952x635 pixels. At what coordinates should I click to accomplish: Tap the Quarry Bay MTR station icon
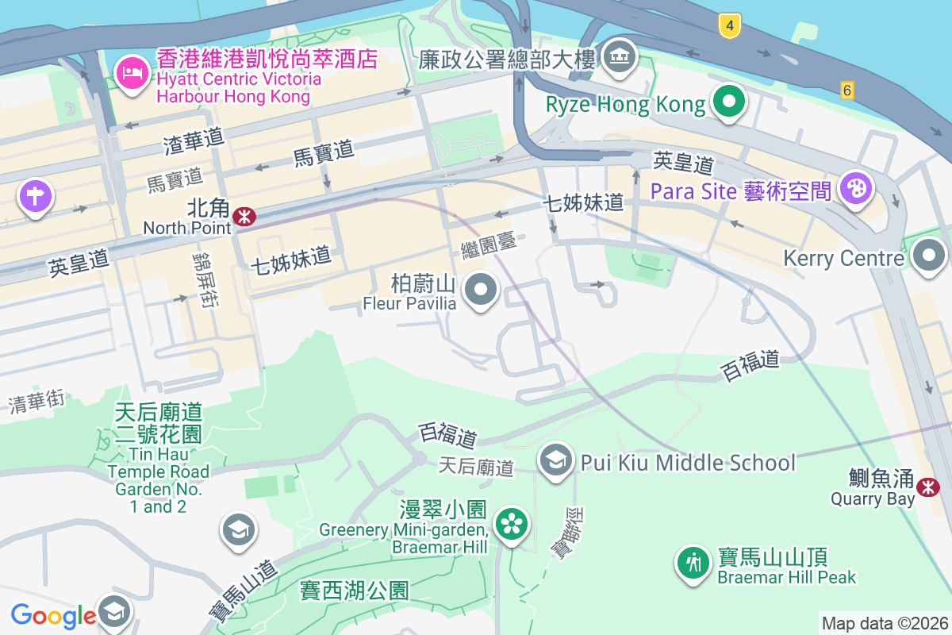point(927,487)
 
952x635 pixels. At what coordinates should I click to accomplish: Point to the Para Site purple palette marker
point(855,189)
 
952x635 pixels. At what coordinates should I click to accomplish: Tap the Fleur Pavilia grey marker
point(480,290)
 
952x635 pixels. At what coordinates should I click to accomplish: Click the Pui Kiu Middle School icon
point(555,460)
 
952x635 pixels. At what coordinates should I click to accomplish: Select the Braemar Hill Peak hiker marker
point(693,563)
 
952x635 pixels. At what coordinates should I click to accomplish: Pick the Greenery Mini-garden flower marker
point(512,523)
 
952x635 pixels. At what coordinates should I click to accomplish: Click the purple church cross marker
point(35,195)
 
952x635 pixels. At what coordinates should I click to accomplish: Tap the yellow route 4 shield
point(730,26)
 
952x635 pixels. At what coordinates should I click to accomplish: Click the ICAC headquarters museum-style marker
point(620,55)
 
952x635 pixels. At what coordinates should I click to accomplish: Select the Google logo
point(53,615)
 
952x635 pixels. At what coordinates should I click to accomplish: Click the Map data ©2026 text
point(884,623)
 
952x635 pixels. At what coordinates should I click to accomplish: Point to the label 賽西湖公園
point(355,591)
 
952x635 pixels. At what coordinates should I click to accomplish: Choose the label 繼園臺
point(489,245)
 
